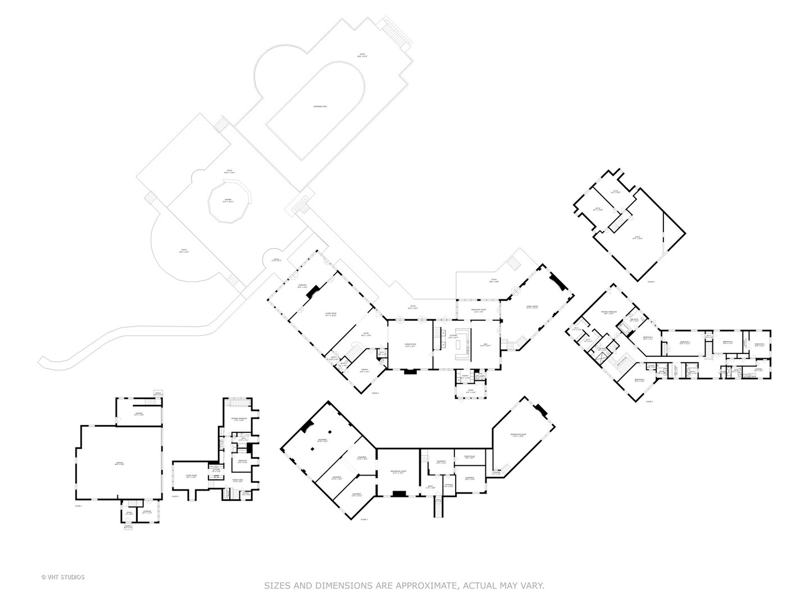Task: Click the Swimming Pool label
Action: point(320,106)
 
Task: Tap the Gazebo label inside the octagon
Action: point(228,201)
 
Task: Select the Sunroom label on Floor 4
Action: point(302,287)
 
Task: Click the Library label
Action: point(364,370)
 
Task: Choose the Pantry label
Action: point(465,376)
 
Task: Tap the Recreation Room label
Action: point(517,435)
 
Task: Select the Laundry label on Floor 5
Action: point(758,370)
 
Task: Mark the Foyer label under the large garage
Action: point(129,512)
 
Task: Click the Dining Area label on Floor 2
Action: point(237,480)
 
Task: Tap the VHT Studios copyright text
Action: point(63,577)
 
